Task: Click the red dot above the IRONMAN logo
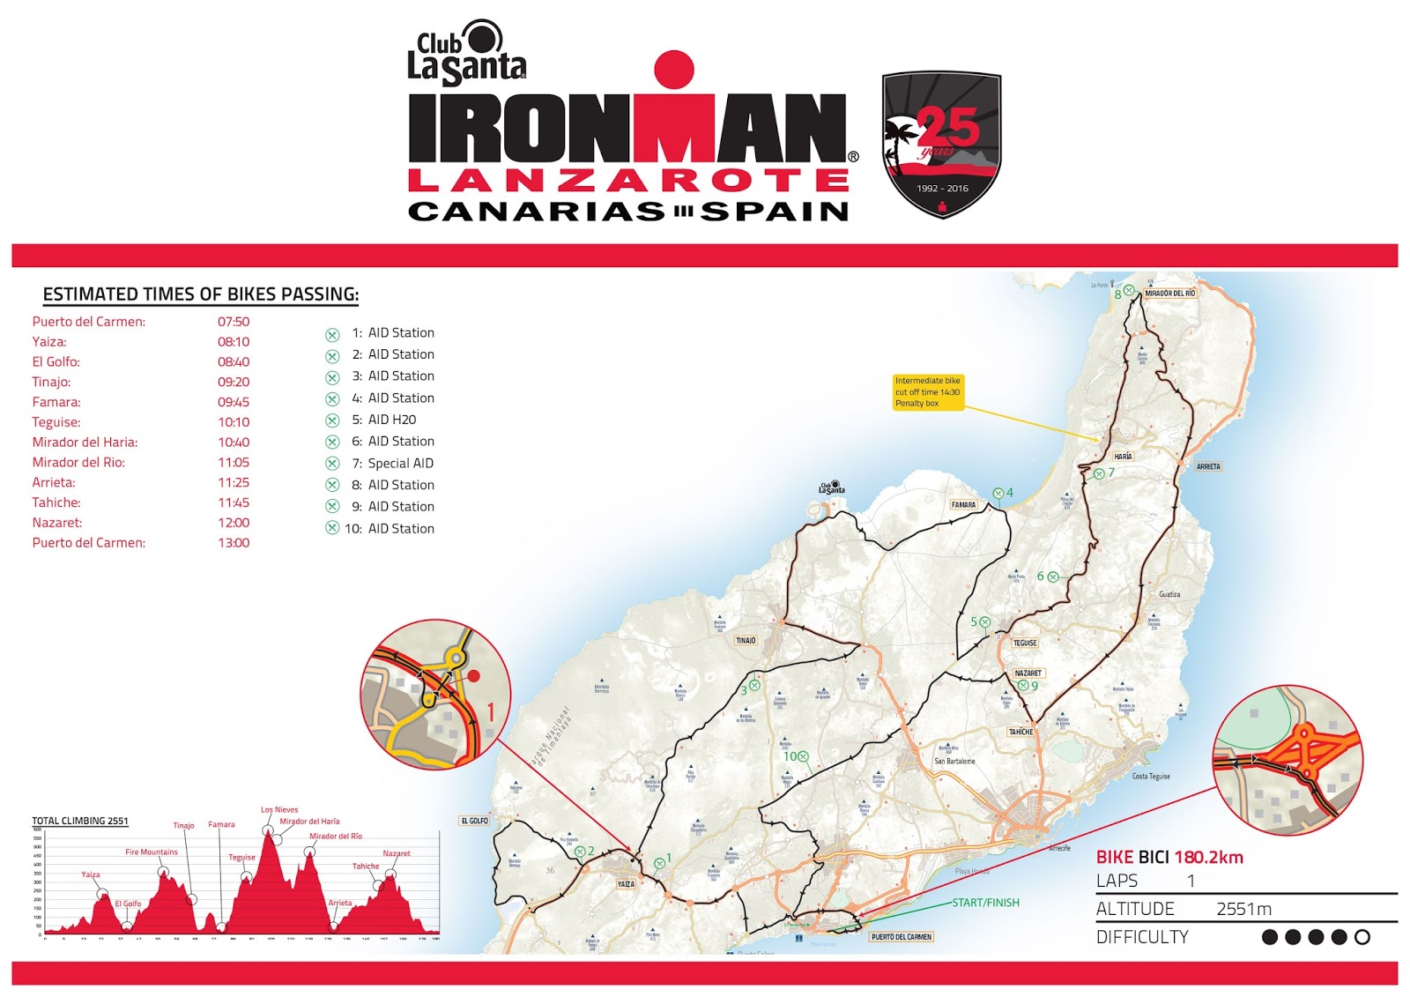click(x=674, y=69)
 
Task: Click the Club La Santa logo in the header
click(x=466, y=54)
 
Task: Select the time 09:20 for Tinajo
click(x=234, y=382)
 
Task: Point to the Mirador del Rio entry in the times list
click(x=78, y=462)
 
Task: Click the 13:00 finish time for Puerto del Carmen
click(x=234, y=543)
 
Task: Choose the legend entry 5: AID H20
click(x=391, y=420)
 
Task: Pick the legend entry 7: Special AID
click(x=400, y=463)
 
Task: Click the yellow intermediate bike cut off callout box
click(x=928, y=392)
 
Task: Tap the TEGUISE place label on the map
click(x=1025, y=643)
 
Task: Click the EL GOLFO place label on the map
click(x=474, y=821)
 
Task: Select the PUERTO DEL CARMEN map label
click(x=901, y=937)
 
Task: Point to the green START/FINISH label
click(x=985, y=903)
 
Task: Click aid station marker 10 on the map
click(x=803, y=756)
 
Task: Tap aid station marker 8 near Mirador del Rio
click(x=1129, y=291)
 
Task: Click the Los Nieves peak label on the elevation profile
click(x=279, y=809)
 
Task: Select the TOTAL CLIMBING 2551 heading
click(x=80, y=821)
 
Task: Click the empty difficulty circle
click(x=1362, y=937)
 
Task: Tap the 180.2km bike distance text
click(x=1208, y=858)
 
